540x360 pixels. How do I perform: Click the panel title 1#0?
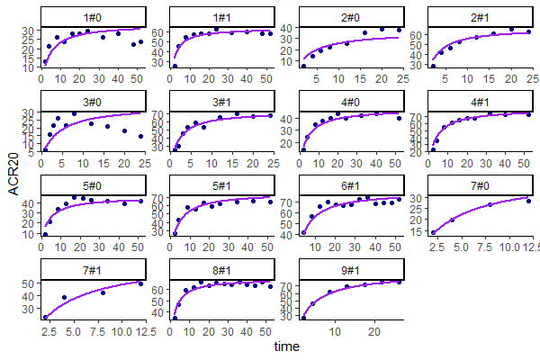click(92, 16)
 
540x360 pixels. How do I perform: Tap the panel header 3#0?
click(92, 101)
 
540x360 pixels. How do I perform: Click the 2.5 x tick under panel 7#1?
click(45, 331)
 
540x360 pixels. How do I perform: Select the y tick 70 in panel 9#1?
click(290, 286)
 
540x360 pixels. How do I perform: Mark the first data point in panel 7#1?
click(45, 317)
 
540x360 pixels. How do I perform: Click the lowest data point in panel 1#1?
click(174, 67)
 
